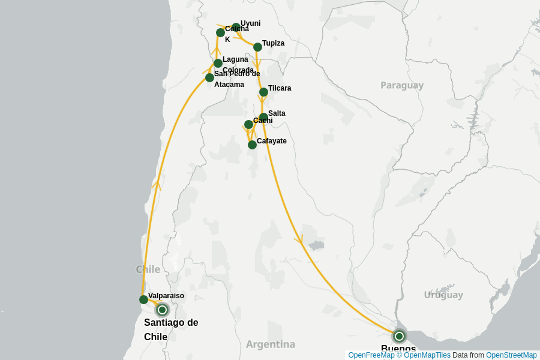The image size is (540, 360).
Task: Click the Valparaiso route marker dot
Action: [143, 299]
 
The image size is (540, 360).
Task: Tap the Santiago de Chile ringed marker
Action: [162, 310]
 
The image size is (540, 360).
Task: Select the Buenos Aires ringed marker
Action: [399, 336]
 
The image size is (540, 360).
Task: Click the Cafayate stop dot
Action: [252, 145]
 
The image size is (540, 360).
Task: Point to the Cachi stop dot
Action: [248, 124]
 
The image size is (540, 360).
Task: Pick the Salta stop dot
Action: [263, 117]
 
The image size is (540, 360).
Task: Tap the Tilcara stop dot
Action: [263, 92]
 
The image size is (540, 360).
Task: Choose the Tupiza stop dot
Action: [257, 47]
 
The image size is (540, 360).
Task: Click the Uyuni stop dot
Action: [236, 27]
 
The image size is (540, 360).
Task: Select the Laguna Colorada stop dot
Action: [218, 63]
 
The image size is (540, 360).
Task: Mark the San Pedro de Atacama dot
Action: [209, 77]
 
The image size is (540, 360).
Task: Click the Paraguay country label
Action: [402, 85]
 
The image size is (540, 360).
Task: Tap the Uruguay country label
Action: [443, 295]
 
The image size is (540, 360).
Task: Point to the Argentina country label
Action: [271, 344]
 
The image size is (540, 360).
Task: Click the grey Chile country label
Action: [148, 269]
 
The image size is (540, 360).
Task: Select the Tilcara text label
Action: [280, 88]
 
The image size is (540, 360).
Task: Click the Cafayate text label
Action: [272, 141]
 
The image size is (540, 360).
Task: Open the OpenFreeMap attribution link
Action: [371, 355]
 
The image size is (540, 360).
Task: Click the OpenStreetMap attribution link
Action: [511, 355]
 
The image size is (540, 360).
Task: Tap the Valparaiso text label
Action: [166, 296]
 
